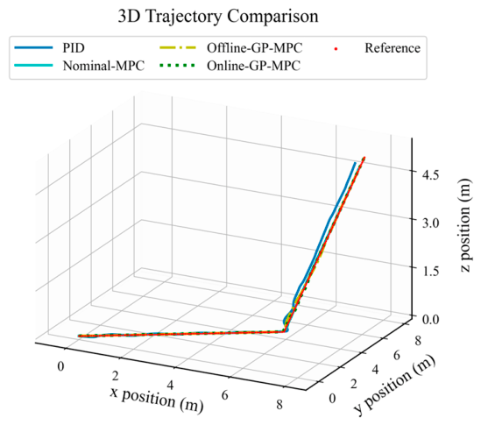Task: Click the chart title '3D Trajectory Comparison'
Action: pyautogui.click(x=218, y=17)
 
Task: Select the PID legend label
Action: pyautogui.click(x=74, y=48)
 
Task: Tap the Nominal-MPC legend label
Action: pyautogui.click(x=103, y=66)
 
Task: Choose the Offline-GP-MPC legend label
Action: pyautogui.click(x=255, y=48)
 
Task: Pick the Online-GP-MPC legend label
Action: pyautogui.click(x=254, y=66)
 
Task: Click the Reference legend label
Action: pyautogui.click(x=393, y=48)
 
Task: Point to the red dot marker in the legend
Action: pyautogui.click(x=336, y=48)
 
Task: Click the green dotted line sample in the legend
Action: pyautogui.click(x=177, y=66)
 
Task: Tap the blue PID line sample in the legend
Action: pyautogui.click(x=33, y=47)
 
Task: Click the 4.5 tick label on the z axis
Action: pyautogui.click(x=431, y=174)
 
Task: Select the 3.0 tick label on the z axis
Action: pyautogui.click(x=431, y=223)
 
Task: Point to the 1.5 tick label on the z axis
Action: pyautogui.click(x=431, y=271)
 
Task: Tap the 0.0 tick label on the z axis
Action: pyautogui.click(x=431, y=319)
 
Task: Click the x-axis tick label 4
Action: pyautogui.click(x=170, y=385)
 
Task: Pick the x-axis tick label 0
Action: pyautogui.click(x=60, y=366)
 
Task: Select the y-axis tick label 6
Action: pyautogui.click(x=397, y=356)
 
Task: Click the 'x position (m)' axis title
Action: pyautogui.click(x=157, y=399)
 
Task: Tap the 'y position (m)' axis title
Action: pyautogui.click(x=394, y=384)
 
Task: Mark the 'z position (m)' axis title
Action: pyautogui.click(x=465, y=225)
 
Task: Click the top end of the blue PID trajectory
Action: pyautogui.click(x=355, y=163)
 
